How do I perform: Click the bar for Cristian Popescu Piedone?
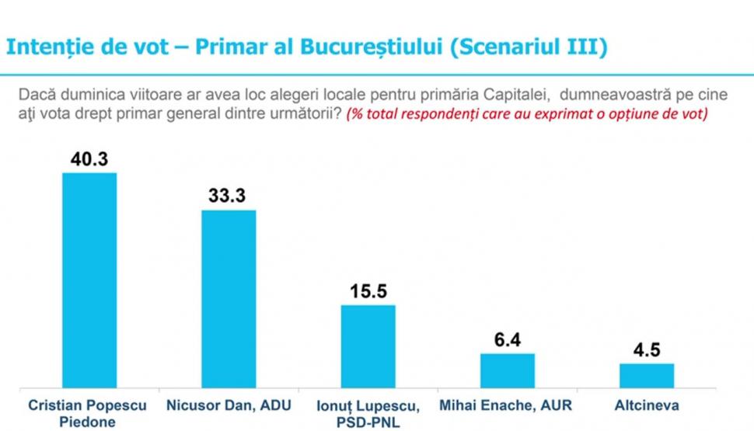pyautogui.click(x=89, y=280)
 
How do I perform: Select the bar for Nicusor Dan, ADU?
pyautogui.click(x=229, y=298)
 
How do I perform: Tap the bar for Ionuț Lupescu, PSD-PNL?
pyautogui.click(x=368, y=346)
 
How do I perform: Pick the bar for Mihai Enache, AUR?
pyautogui.click(x=508, y=370)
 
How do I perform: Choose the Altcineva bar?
pyautogui.click(x=647, y=375)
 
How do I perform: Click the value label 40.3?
pyautogui.click(x=89, y=159)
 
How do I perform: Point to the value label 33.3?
pyautogui.click(x=227, y=196)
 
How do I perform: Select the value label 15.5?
pyautogui.click(x=368, y=292)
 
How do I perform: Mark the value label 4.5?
pyautogui.click(x=646, y=350)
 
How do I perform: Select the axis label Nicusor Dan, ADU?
pyautogui.click(x=229, y=405)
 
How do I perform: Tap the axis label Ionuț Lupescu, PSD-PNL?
pyautogui.click(x=368, y=413)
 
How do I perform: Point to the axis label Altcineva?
pyautogui.click(x=647, y=405)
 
